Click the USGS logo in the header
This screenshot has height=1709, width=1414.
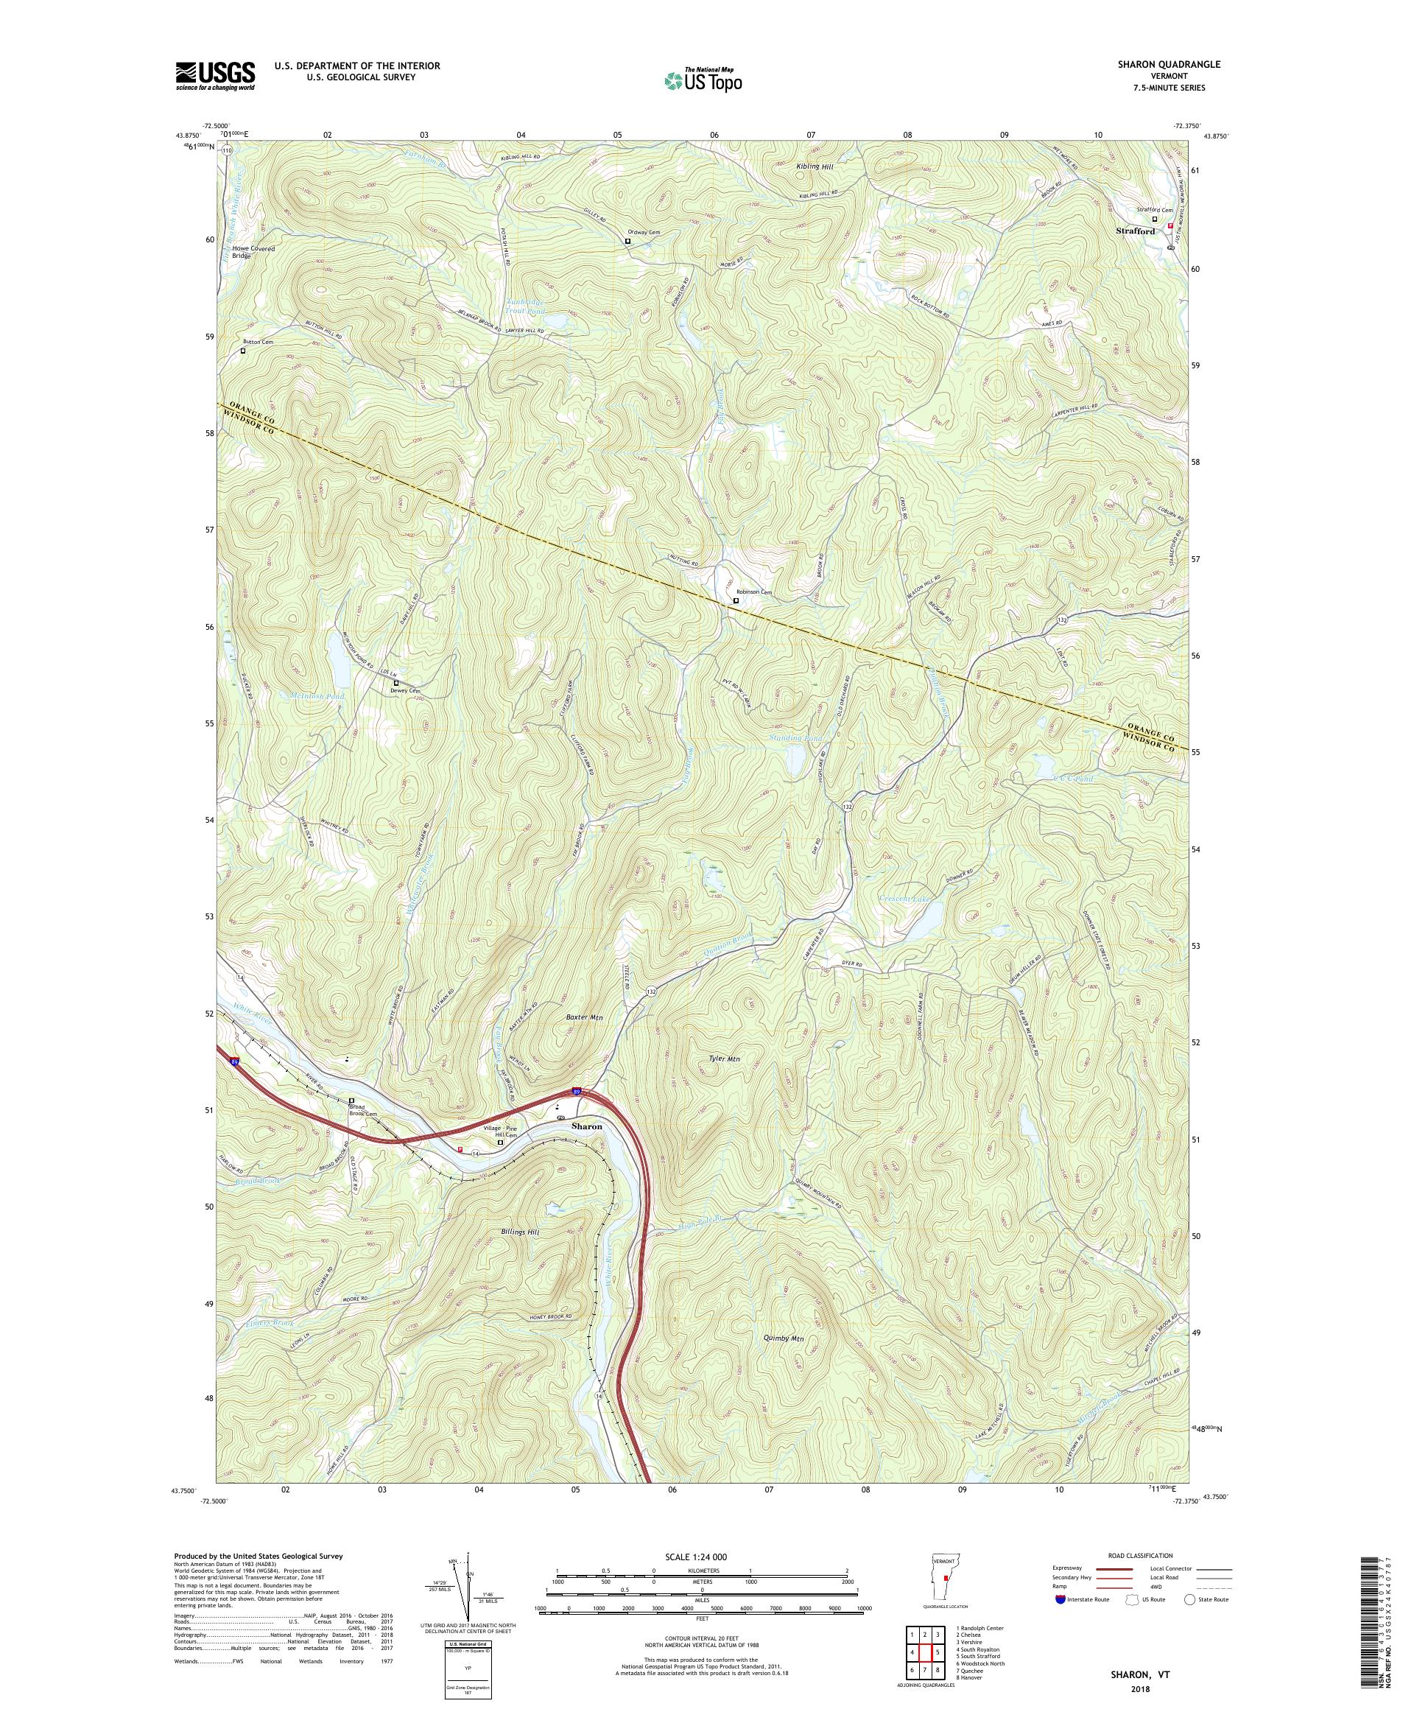tap(216, 76)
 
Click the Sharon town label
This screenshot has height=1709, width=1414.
tap(587, 1126)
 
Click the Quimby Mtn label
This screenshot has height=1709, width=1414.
tap(784, 1338)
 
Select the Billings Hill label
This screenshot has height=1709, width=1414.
tap(516, 1232)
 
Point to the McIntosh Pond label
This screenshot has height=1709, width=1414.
tap(317, 697)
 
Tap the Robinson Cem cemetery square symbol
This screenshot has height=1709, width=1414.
tap(736, 600)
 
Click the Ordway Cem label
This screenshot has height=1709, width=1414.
tap(643, 232)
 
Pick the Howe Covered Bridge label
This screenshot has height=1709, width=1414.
tap(253, 251)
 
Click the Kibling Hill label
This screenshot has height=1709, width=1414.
tap(815, 166)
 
